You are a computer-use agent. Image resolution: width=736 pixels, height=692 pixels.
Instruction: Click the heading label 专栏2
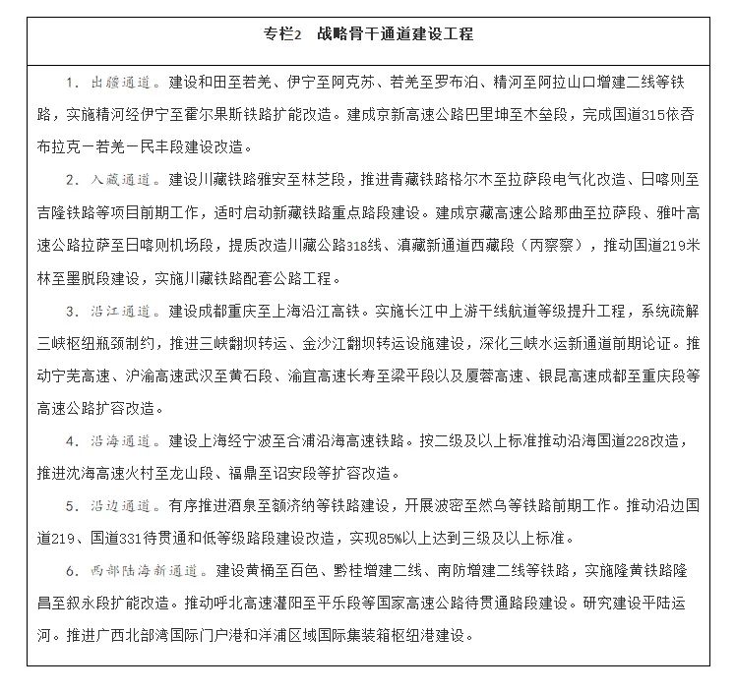click(x=282, y=34)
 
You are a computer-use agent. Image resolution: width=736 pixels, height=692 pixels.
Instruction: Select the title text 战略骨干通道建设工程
click(x=395, y=34)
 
